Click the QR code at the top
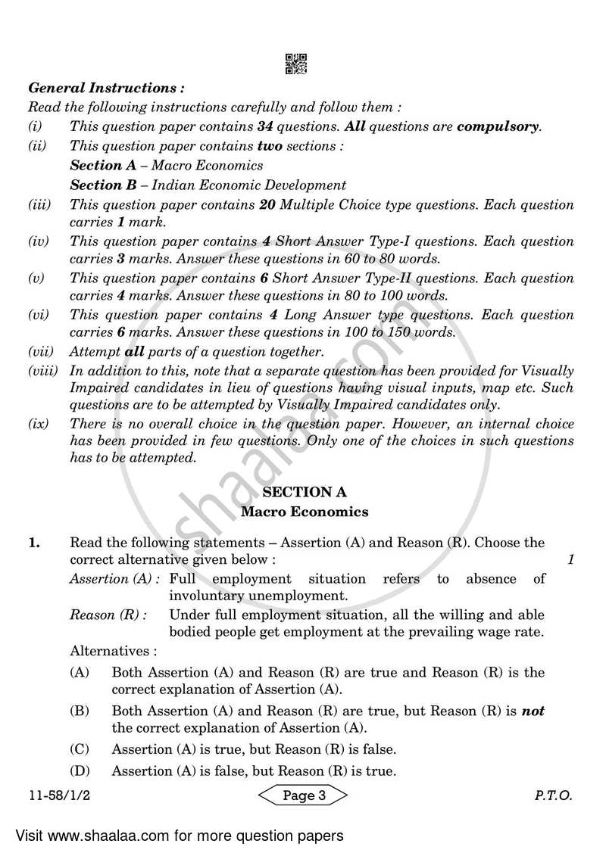296,64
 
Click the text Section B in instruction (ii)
95,185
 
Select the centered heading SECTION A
305,492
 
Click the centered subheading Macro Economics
305,512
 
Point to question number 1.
34,543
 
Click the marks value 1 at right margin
570,561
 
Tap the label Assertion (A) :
114,579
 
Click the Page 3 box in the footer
304,795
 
